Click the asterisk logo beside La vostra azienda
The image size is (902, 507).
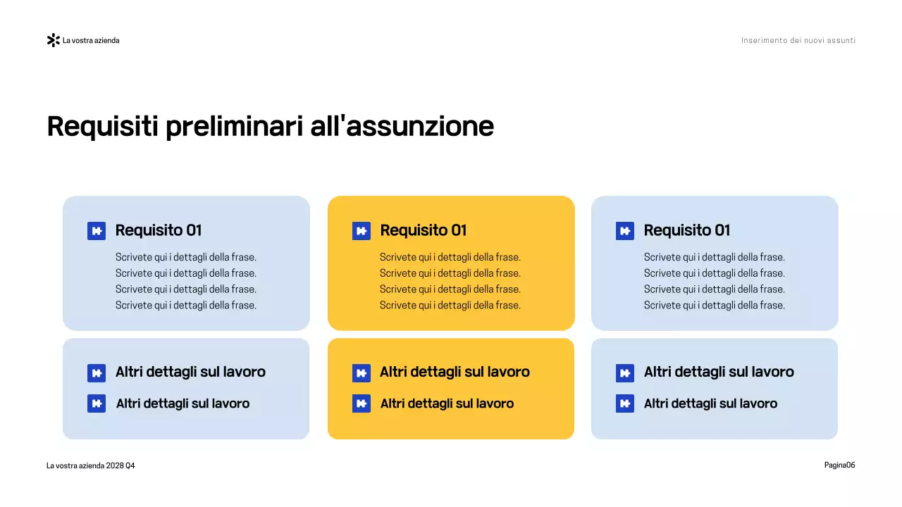coord(53,40)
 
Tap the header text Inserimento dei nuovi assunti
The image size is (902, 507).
coord(798,40)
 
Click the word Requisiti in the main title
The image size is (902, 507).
coord(102,127)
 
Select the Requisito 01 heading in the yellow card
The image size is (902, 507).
coord(423,230)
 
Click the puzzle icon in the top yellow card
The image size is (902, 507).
coord(362,231)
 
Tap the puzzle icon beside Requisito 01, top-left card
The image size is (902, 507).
coord(97,231)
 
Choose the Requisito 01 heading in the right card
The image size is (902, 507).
coord(687,230)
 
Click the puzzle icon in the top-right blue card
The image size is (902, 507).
coord(625,231)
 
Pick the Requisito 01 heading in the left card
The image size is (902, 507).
coord(159,230)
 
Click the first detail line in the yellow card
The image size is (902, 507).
coord(450,257)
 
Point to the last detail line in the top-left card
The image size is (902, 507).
coord(185,305)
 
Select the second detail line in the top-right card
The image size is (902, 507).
coord(714,273)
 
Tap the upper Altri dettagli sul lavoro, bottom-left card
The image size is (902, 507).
coord(190,372)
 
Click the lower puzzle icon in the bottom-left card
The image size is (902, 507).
coord(97,403)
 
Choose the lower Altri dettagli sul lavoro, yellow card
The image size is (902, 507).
coord(447,403)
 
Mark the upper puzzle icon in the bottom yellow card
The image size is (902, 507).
coord(362,373)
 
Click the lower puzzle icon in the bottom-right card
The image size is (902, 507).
coord(625,403)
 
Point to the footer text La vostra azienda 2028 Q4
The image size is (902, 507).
coord(90,465)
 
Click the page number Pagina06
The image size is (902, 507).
coord(839,465)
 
